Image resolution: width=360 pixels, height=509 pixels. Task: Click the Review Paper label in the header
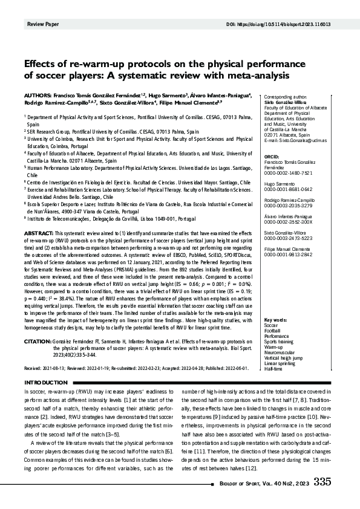click(x=43, y=24)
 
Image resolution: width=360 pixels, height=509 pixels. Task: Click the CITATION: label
click(x=38, y=342)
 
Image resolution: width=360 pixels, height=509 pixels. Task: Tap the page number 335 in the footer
click(x=322, y=481)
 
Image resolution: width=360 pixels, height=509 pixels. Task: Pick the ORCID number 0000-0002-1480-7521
click(x=287, y=172)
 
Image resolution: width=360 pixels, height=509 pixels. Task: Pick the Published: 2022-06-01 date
click(x=218, y=367)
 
